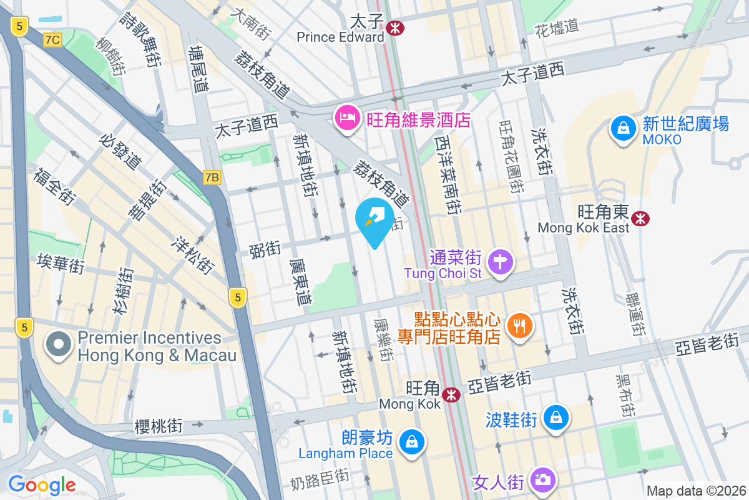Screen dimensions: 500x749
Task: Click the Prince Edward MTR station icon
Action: (394, 27)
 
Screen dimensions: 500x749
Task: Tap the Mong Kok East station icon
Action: (639, 218)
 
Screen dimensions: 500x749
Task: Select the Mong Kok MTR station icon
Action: (451, 394)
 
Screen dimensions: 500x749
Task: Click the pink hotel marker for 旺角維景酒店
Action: (346, 118)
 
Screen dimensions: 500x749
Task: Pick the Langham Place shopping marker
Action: (411, 442)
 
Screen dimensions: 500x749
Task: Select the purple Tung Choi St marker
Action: (500, 261)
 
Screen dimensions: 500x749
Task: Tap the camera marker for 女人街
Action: (542, 480)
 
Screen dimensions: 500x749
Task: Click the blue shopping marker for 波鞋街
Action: (555, 417)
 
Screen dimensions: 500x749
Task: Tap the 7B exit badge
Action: (212, 177)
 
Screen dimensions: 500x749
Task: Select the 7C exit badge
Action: (53, 40)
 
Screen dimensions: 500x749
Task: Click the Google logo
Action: (42, 484)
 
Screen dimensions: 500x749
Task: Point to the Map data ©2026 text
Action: (695, 491)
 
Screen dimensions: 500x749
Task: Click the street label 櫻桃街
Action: (159, 427)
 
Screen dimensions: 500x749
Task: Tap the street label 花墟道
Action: (557, 27)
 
